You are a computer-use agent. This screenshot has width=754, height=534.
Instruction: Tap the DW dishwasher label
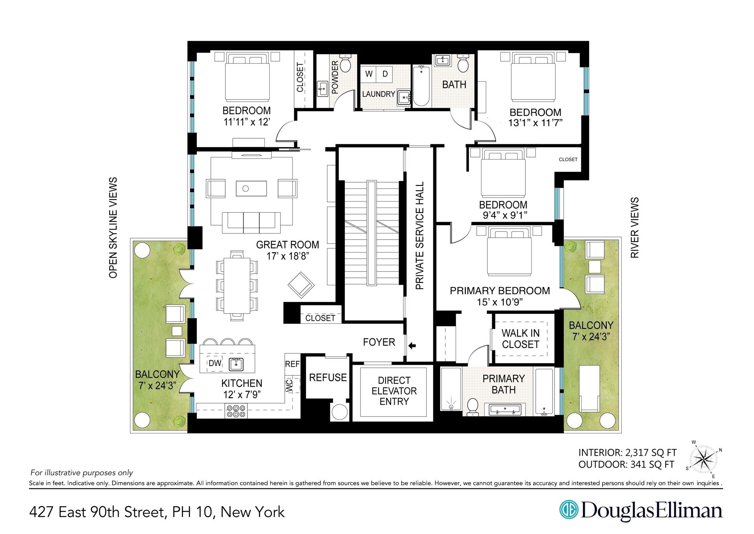(215, 363)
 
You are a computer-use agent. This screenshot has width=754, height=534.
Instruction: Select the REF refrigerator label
(292, 364)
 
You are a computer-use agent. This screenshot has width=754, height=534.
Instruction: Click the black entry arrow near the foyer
(412, 346)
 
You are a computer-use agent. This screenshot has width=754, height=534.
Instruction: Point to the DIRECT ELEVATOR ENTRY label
(394, 391)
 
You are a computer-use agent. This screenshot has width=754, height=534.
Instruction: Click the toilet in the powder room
(345, 64)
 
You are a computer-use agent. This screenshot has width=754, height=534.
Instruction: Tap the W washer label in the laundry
(369, 74)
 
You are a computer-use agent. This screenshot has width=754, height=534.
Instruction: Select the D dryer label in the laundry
(385, 74)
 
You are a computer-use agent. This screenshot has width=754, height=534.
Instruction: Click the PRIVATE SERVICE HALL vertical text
(420, 236)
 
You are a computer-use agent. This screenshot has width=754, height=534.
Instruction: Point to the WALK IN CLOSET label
(520, 339)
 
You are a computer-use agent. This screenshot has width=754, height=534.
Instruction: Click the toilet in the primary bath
(472, 406)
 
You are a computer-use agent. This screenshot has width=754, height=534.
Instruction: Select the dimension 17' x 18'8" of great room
(287, 256)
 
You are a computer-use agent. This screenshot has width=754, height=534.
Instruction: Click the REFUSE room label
(328, 378)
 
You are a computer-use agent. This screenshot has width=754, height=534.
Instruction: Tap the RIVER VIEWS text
(634, 228)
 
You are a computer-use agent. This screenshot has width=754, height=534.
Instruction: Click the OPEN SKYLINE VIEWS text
(113, 228)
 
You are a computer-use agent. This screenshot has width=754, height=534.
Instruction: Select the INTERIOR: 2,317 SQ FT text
(627, 453)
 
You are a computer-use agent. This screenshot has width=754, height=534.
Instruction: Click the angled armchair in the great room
(301, 285)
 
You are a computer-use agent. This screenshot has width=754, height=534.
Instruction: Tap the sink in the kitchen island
(236, 364)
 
